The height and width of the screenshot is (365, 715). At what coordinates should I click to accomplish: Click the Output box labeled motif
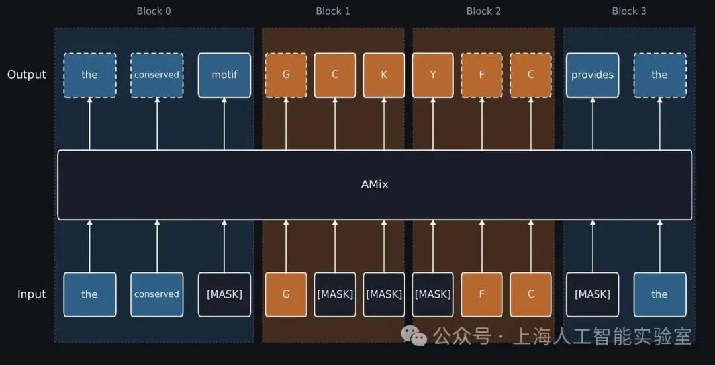[x=224, y=75]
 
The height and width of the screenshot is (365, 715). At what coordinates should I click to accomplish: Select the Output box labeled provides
[x=593, y=75]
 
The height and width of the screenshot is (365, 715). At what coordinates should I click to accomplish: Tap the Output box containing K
[x=384, y=75]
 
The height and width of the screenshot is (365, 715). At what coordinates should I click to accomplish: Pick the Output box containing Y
[x=433, y=75]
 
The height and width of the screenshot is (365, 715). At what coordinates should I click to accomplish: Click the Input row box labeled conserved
[x=157, y=294]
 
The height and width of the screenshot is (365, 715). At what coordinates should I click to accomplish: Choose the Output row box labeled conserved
[x=157, y=75]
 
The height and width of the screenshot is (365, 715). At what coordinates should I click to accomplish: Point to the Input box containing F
[x=482, y=294]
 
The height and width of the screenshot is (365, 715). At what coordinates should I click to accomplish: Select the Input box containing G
[x=286, y=294]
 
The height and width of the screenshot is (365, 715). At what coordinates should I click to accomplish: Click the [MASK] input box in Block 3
[x=593, y=294]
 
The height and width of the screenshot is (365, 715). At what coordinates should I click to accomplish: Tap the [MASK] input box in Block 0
[x=224, y=294]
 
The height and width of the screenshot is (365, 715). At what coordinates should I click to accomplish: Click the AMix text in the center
[x=374, y=184]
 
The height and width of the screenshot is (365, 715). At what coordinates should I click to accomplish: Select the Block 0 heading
[x=154, y=11]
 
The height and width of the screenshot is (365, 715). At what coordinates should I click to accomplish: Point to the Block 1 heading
[x=333, y=11]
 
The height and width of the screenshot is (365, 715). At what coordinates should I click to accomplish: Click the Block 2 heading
[x=483, y=11]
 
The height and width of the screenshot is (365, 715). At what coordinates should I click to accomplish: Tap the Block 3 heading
[x=630, y=11]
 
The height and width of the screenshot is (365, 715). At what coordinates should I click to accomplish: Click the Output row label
[x=27, y=75]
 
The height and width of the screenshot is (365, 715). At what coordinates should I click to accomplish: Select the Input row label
[x=32, y=294]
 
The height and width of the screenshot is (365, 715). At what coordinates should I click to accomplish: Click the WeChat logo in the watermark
[x=414, y=335]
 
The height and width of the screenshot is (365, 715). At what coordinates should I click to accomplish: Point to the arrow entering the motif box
[x=224, y=124]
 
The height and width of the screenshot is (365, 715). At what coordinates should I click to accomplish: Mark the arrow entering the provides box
[x=593, y=124]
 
